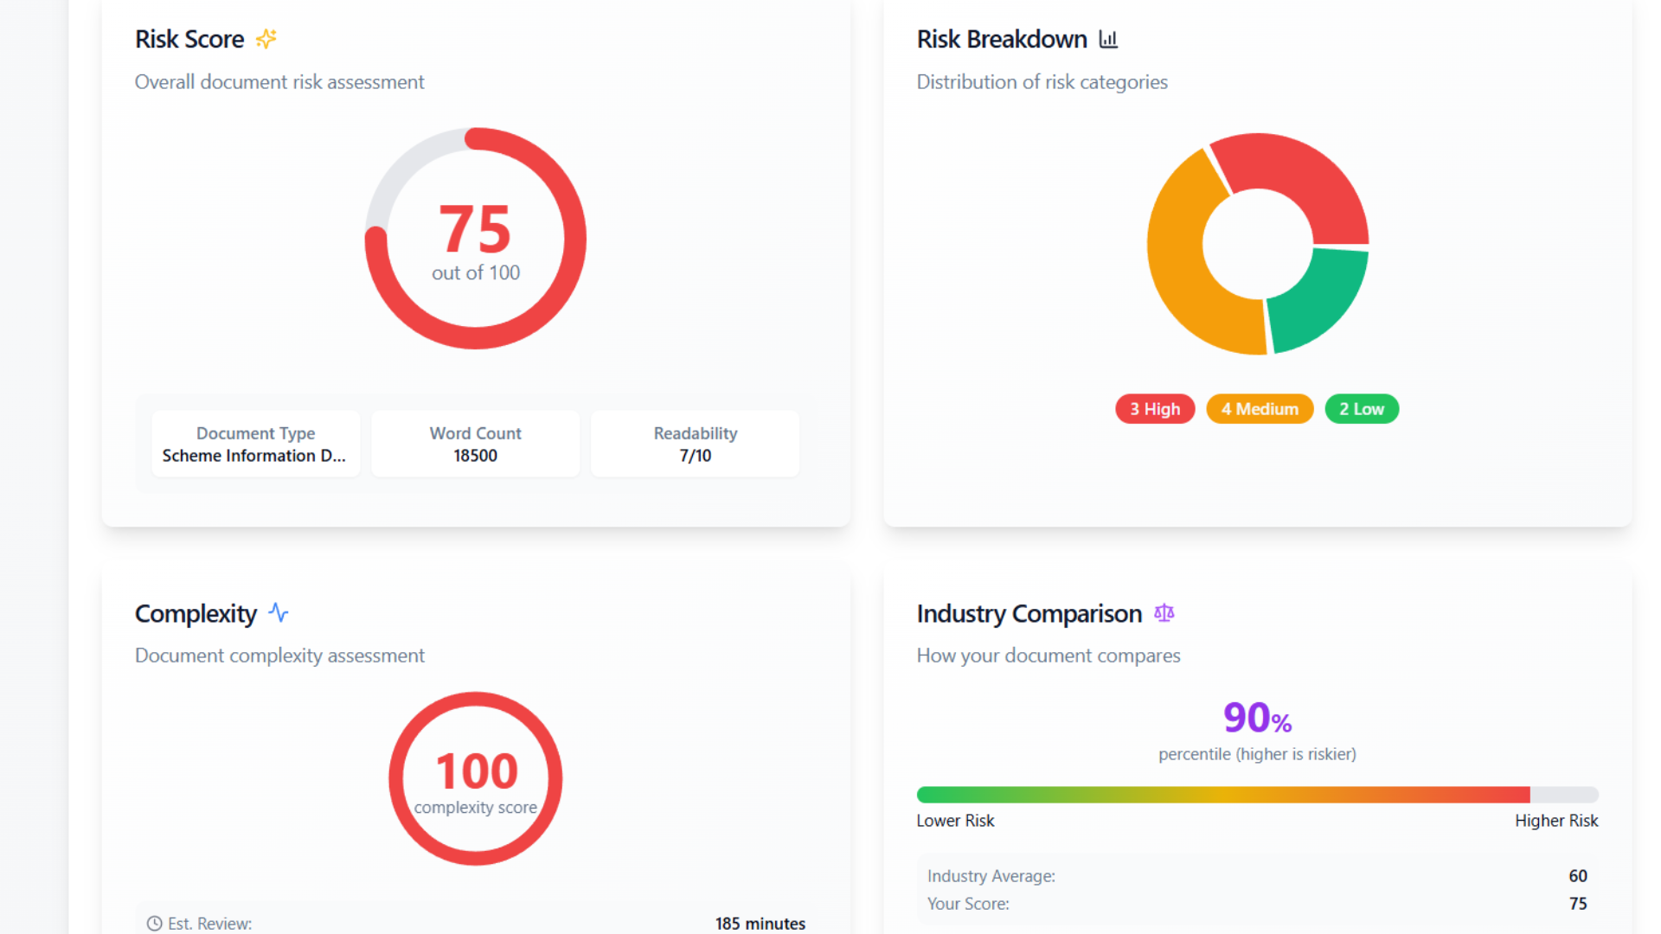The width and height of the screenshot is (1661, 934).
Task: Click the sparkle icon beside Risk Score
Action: coord(266,39)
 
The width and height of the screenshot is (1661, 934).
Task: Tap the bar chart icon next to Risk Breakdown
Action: coord(1108,39)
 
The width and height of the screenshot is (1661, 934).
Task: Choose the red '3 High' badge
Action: coord(1155,409)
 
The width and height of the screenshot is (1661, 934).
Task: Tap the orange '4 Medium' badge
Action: coord(1260,409)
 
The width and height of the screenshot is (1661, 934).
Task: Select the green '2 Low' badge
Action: coord(1362,409)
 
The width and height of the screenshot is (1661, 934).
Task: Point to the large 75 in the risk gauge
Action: coord(475,229)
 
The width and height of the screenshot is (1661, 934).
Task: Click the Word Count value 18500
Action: coord(475,456)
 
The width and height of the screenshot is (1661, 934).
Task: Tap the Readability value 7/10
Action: coord(696,456)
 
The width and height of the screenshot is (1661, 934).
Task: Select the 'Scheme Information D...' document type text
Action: coord(253,456)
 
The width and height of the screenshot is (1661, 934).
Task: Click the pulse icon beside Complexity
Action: coord(278,613)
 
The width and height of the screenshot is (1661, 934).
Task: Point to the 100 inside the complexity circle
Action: coord(477,771)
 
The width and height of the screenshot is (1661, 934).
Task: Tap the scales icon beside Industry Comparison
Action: coord(1164,613)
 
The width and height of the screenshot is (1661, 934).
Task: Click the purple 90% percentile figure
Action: coord(1257,718)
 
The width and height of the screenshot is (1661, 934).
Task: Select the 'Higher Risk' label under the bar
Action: coord(1556,821)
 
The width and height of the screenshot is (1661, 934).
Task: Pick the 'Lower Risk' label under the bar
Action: coord(955,821)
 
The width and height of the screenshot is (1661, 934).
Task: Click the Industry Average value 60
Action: coord(1578,876)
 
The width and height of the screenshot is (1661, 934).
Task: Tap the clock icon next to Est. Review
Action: coord(155,924)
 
